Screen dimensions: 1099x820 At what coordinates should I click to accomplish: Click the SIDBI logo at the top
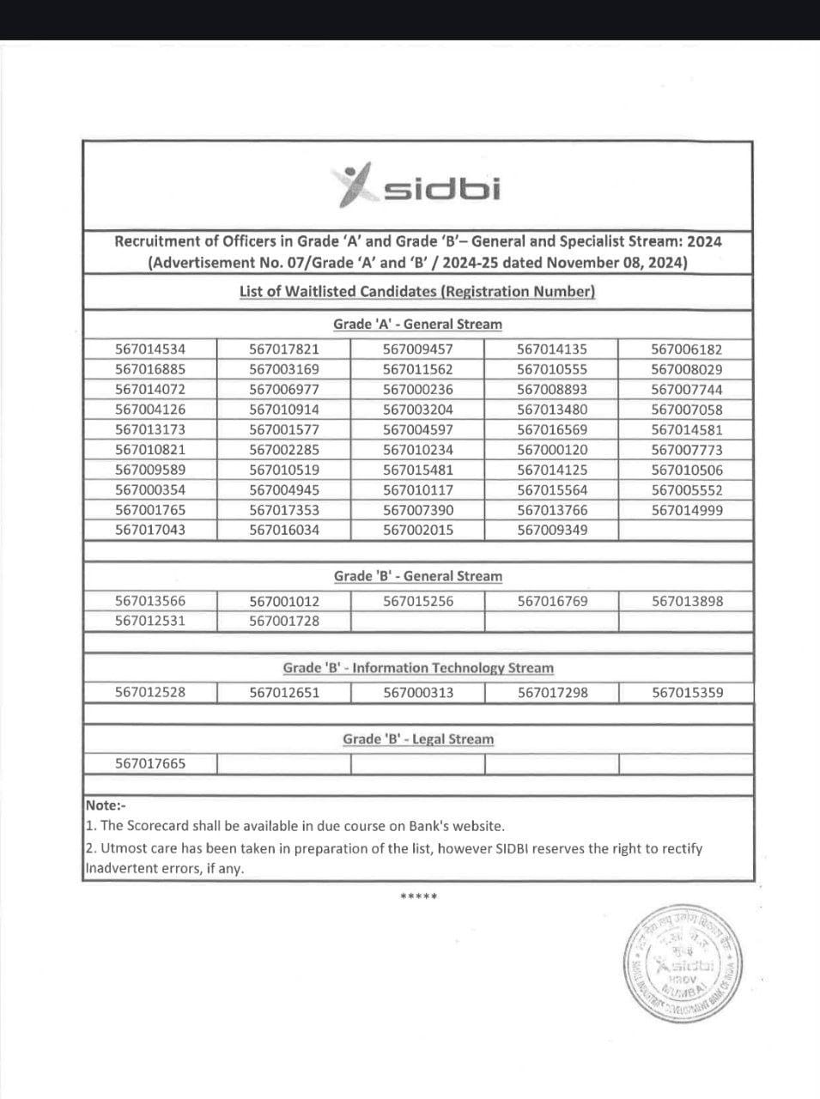(x=417, y=186)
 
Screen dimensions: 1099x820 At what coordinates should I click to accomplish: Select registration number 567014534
(x=150, y=349)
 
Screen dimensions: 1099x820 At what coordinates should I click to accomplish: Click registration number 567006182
(x=686, y=349)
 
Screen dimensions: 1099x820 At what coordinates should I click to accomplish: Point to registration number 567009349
(x=552, y=530)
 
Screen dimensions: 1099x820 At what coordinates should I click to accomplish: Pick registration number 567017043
(x=150, y=530)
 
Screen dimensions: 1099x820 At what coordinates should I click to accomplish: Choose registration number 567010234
(x=418, y=450)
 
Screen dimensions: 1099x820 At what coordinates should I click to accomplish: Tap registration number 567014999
(x=686, y=510)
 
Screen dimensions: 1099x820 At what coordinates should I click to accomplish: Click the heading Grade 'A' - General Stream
(x=417, y=325)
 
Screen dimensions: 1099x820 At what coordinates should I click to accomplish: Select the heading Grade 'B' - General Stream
(x=417, y=576)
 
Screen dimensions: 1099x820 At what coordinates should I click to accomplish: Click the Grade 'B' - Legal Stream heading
(x=418, y=739)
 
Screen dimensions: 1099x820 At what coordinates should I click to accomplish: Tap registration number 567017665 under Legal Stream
(x=150, y=763)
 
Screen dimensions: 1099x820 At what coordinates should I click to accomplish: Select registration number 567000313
(x=418, y=692)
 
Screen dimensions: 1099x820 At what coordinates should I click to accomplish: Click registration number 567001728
(x=284, y=621)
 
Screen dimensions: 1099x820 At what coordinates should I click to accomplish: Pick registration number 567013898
(x=687, y=601)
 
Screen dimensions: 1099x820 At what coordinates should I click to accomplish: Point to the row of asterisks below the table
(x=418, y=897)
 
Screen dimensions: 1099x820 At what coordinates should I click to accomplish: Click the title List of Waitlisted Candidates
(x=417, y=291)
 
